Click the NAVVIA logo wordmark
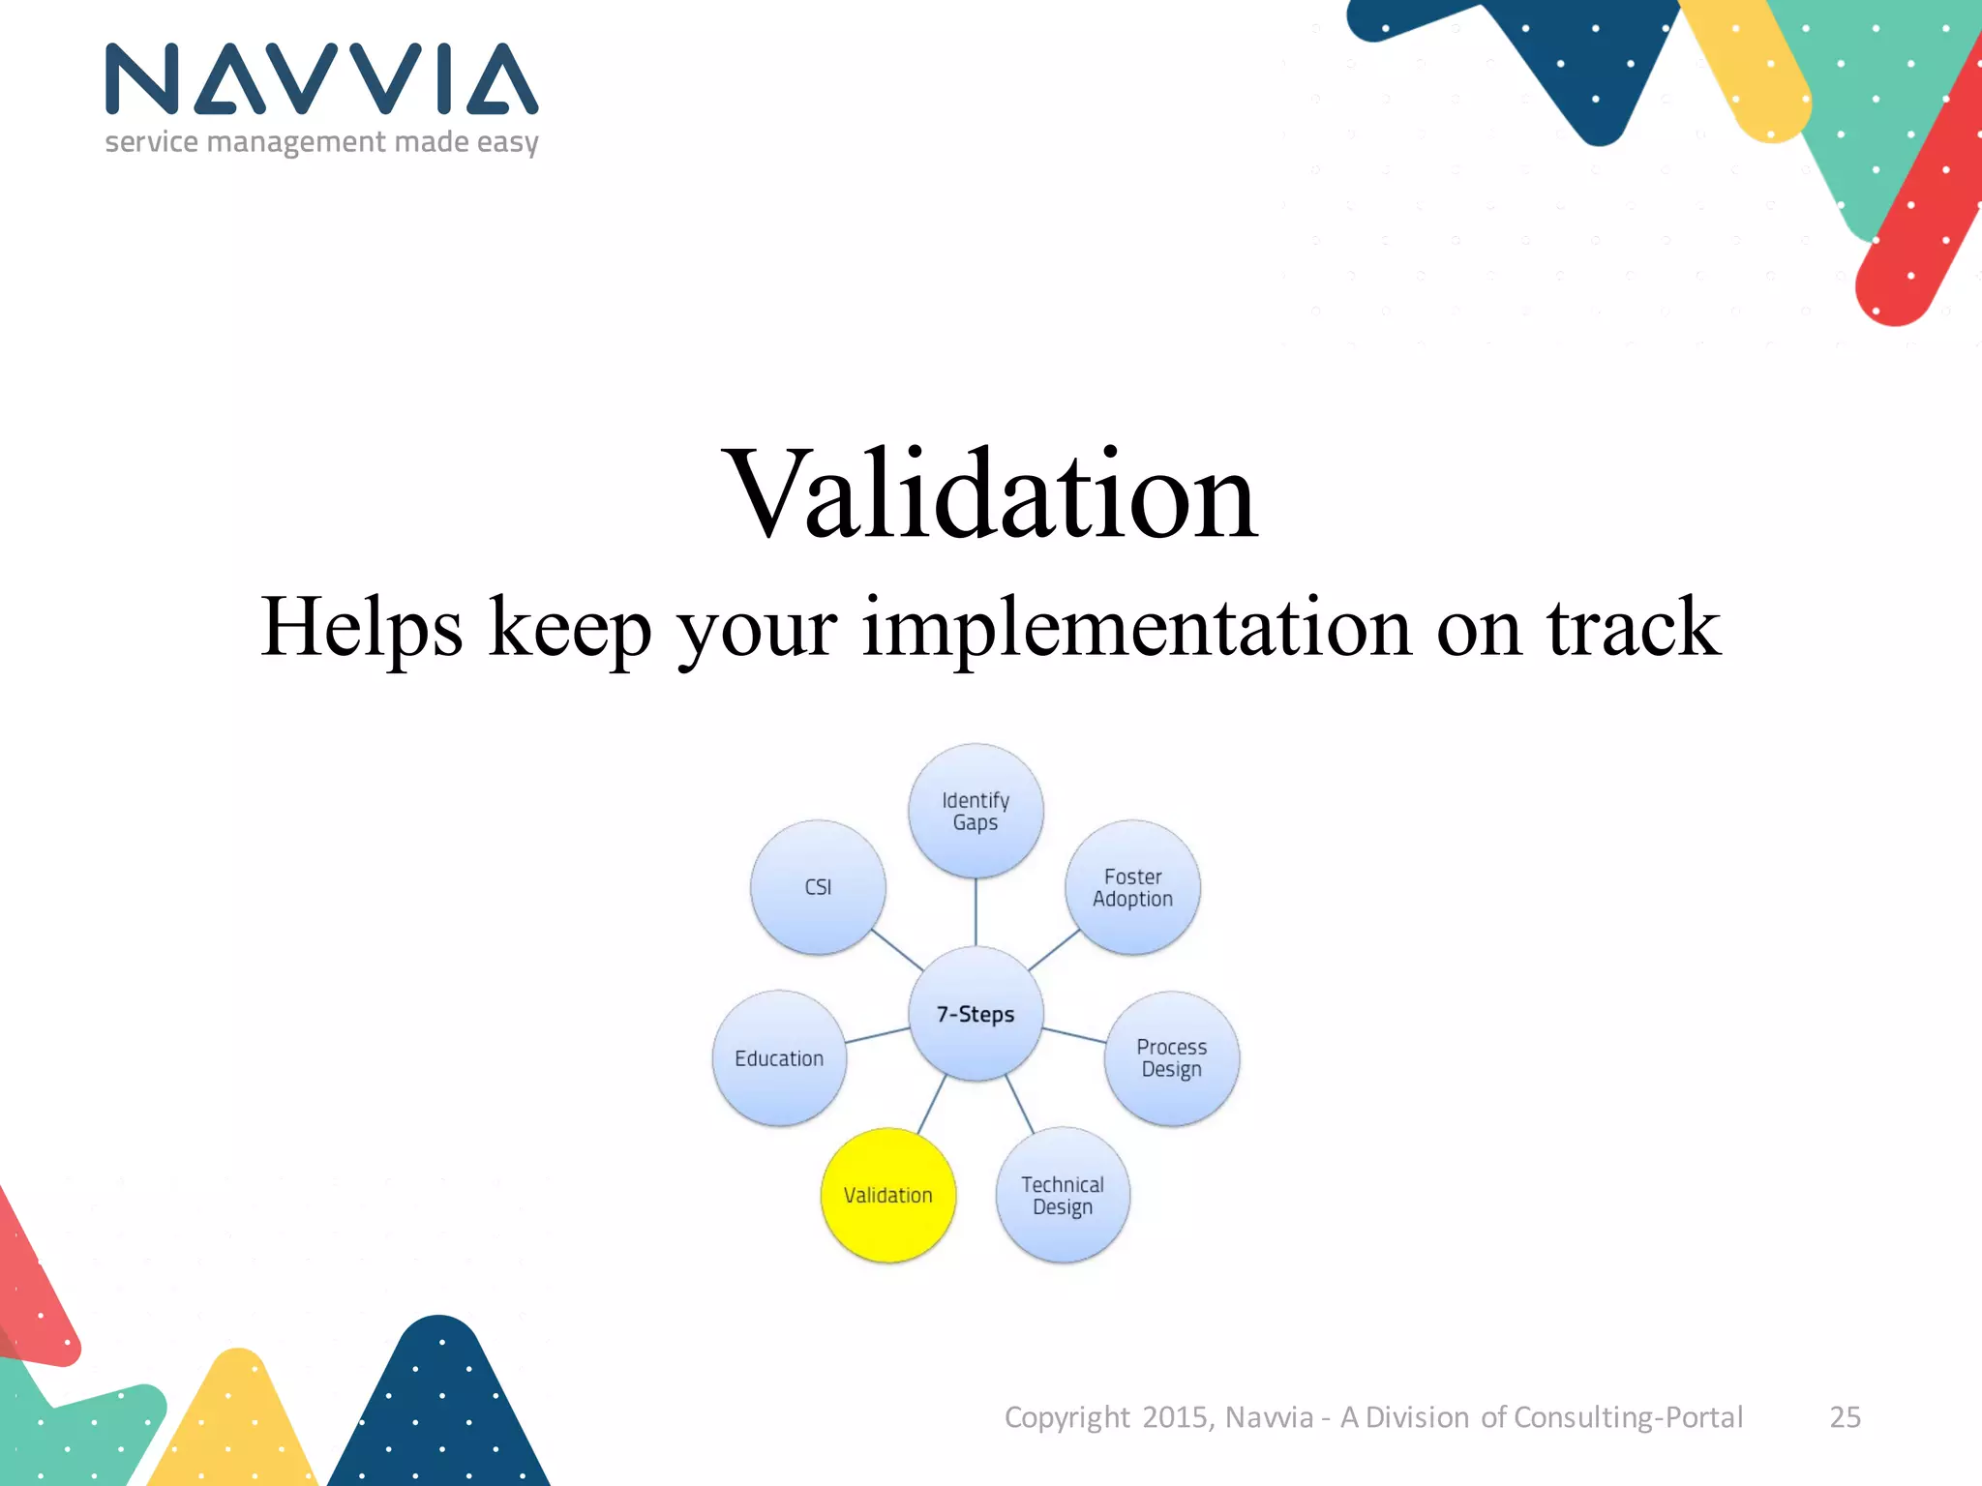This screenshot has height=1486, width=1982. (x=321, y=79)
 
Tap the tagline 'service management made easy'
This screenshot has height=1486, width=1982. (x=321, y=142)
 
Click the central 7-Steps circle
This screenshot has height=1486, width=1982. (x=976, y=1014)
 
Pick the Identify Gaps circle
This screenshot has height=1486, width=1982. (x=976, y=811)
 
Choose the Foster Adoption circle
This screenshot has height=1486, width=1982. (x=1132, y=887)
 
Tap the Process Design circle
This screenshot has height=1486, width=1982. (x=1171, y=1057)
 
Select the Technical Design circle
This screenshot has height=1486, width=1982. (x=1063, y=1195)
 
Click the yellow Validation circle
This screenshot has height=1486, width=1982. (x=887, y=1195)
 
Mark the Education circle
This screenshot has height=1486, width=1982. (x=779, y=1057)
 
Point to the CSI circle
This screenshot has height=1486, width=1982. (x=818, y=887)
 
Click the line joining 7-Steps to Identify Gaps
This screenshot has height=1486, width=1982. (x=976, y=911)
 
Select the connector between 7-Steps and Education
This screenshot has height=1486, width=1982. (x=877, y=1035)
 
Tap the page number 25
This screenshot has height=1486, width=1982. (x=1845, y=1417)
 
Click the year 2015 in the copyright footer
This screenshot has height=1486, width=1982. (x=1175, y=1417)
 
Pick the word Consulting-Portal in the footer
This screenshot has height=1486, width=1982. (x=1628, y=1417)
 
